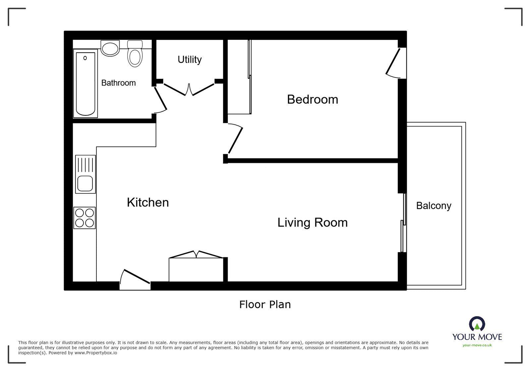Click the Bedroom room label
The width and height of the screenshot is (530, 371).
click(312, 99)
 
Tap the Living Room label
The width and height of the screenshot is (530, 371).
click(312, 222)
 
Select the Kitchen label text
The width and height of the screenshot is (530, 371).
click(148, 203)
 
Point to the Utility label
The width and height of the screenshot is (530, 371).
click(189, 60)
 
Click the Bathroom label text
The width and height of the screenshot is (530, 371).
click(118, 83)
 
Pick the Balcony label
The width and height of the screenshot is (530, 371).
click(434, 206)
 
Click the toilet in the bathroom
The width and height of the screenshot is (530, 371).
click(135, 55)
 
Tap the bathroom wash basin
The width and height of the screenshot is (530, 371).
click(110, 48)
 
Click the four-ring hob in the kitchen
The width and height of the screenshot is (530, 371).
click(84, 218)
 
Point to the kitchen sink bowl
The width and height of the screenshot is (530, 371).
click(85, 183)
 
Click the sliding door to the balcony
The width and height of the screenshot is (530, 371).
click(403, 223)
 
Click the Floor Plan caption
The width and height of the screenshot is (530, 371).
click(265, 304)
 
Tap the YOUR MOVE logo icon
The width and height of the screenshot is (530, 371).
click(477, 324)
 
